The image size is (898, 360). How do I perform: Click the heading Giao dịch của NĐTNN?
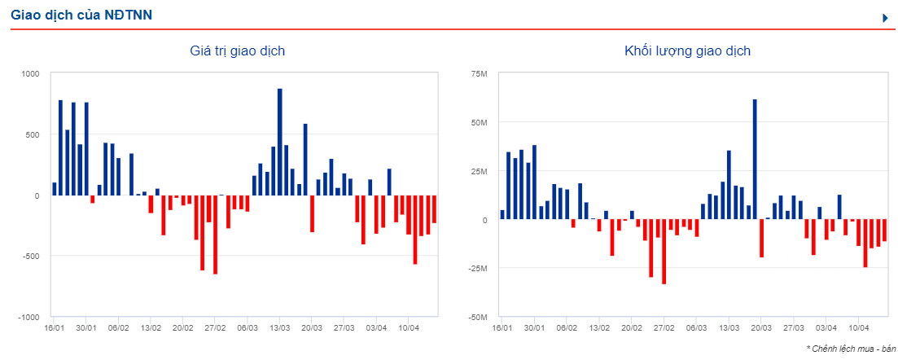point(81,15)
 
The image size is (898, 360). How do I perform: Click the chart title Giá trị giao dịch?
point(237,51)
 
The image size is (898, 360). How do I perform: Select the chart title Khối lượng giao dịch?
point(687,51)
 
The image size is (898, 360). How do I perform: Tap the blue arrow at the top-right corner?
point(885,17)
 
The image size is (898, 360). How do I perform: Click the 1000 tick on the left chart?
point(29,74)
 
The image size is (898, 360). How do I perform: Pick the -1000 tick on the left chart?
point(28,317)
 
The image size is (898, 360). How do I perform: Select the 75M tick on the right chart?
point(479,74)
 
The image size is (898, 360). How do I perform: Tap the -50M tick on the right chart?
point(477,317)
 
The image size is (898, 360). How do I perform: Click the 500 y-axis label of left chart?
point(31,134)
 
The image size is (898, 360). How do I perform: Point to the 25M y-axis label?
point(479,171)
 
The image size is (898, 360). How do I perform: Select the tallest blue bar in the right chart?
point(755,160)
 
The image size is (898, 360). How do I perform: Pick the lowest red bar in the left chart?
point(215,235)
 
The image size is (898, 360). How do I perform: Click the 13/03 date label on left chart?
point(280,328)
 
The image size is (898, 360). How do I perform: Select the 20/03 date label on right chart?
point(761,328)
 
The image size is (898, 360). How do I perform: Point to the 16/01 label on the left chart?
point(55,328)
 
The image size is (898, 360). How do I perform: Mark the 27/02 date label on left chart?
point(216,328)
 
